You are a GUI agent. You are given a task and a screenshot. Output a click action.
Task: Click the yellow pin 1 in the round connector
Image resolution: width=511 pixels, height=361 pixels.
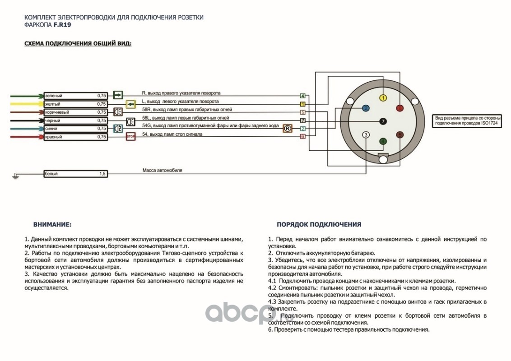(383, 98)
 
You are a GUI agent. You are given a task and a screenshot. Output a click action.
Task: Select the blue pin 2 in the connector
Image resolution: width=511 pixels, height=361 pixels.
(366, 108)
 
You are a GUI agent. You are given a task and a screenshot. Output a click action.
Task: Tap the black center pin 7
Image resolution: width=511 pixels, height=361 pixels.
(383, 121)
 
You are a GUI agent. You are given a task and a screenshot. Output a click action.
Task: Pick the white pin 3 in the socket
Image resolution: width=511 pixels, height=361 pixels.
(366, 134)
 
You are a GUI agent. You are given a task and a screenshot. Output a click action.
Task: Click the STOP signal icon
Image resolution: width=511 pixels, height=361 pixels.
(130, 136)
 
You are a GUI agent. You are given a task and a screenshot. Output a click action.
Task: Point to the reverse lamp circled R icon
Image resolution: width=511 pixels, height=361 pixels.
(286, 129)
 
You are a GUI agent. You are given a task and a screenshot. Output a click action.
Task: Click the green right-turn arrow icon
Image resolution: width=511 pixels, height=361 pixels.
(118, 95)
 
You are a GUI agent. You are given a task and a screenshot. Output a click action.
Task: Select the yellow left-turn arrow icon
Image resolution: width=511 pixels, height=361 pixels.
(130, 104)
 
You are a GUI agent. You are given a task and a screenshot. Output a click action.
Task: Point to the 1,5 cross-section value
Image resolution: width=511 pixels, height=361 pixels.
(102, 174)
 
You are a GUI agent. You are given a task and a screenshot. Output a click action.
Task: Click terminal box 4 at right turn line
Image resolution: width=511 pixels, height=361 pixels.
(303, 96)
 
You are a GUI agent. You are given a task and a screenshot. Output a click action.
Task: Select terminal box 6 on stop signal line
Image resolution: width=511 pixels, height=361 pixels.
(303, 136)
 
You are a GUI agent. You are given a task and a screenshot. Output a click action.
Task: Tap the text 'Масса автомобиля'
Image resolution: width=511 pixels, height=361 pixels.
(162, 171)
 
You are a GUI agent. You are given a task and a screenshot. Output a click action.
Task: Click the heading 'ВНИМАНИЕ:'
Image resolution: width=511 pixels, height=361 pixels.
(52, 224)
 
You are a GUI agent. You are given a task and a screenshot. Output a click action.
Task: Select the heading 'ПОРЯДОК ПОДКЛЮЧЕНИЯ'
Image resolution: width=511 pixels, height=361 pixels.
(319, 224)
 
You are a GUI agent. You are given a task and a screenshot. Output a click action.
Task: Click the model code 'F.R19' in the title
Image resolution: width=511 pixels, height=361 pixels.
(62, 25)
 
